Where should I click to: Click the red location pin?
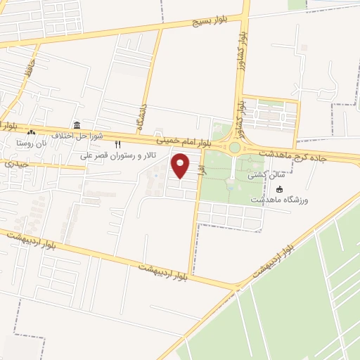(x=181, y=166)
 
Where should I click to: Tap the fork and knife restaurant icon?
(x=118, y=144)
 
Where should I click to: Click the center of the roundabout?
(x=234, y=148)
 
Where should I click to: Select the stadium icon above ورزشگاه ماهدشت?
(x=281, y=188)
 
